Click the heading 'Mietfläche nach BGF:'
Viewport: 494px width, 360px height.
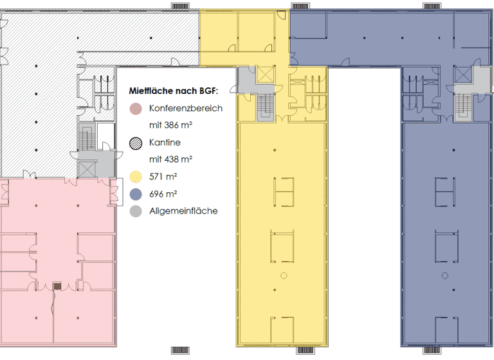point(174,91)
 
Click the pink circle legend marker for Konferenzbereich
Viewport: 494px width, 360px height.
point(135,109)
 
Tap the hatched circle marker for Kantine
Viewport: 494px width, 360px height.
point(135,143)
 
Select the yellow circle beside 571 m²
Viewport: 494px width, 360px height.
point(135,176)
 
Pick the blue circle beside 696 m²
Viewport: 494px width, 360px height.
point(135,194)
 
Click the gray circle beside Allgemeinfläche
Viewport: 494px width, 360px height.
point(135,211)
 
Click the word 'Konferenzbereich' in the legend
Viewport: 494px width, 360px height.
point(185,108)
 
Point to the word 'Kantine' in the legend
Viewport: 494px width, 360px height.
point(165,142)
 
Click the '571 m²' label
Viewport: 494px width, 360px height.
point(163,176)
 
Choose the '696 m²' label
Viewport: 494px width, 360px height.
point(163,194)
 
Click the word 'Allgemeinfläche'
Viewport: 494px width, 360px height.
point(183,211)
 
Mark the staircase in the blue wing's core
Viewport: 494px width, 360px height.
point(462,106)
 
